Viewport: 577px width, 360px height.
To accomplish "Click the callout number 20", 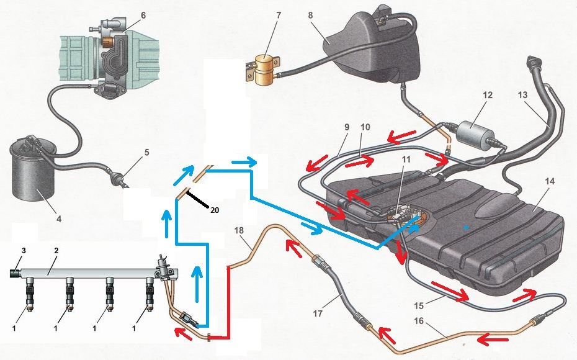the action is (x=215, y=210).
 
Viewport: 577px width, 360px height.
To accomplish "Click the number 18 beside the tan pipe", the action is (x=239, y=231).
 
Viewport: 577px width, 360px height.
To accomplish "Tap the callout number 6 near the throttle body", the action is (x=143, y=15).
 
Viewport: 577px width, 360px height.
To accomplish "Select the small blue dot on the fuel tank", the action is (x=466, y=228).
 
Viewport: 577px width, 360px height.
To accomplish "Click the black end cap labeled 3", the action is (x=15, y=273).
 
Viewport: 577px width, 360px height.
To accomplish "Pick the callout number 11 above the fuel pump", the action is (x=406, y=159).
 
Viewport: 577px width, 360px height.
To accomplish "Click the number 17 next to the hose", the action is (x=318, y=313).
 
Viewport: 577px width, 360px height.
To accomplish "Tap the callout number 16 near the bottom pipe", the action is (x=419, y=321).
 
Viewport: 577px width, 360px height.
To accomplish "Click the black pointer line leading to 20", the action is (x=198, y=199).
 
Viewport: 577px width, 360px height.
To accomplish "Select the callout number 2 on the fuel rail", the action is (x=56, y=251).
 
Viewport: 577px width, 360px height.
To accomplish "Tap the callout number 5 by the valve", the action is (x=146, y=152).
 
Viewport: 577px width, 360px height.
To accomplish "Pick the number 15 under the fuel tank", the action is (x=419, y=305).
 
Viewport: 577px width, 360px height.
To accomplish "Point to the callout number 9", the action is (x=347, y=127).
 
